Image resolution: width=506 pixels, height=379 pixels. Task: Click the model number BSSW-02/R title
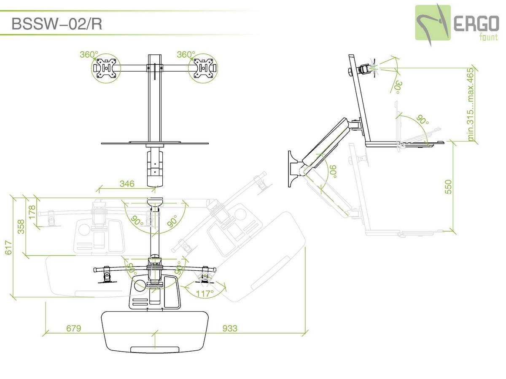tap(57, 24)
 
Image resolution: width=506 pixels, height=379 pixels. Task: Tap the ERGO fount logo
tap(457, 23)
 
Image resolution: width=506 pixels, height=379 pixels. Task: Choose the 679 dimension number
tap(74, 328)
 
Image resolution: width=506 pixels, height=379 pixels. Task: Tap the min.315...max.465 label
tap(471, 104)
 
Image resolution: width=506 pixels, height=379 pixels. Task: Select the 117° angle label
tap(205, 294)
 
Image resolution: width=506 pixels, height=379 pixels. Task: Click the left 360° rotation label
tap(89, 54)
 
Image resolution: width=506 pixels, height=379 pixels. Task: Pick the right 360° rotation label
tap(186, 54)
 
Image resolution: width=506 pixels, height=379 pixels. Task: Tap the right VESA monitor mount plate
tap(204, 68)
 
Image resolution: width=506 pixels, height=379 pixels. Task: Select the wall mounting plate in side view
tap(292, 168)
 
